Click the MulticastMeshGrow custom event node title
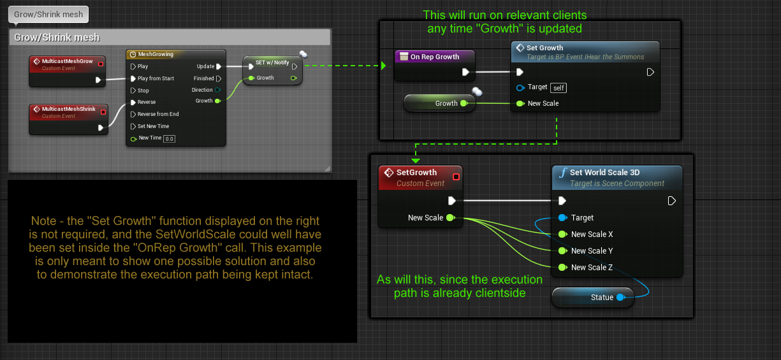coord(67,61)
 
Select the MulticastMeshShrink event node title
coord(68,109)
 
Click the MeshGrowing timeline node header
coord(155,54)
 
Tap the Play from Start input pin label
coord(156,78)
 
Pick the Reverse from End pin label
coord(158,114)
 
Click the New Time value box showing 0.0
coord(169,138)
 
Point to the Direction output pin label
coord(202,90)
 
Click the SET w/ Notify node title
coord(272,62)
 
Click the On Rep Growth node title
coord(434,57)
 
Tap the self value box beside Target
coord(558,87)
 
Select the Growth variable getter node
coord(446,103)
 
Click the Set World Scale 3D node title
coord(604,172)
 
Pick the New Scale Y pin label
coord(592,251)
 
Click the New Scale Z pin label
coord(592,268)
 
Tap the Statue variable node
coord(601,298)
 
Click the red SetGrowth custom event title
coord(416,172)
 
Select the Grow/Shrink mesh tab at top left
coord(48,14)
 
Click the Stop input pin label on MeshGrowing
coord(143,90)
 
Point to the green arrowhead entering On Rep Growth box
coord(383,65)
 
